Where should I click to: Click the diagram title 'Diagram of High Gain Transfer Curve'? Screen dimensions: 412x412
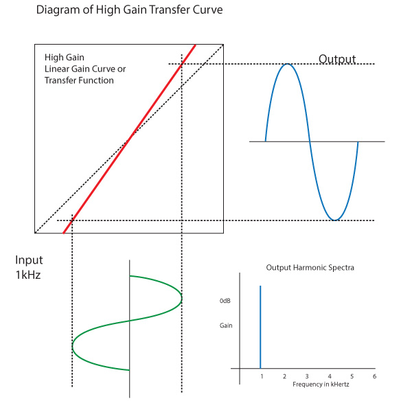click(129, 10)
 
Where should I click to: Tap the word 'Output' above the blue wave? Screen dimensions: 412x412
click(337, 59)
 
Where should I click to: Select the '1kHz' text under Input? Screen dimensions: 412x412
click(28, 275)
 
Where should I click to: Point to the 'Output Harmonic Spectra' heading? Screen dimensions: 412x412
click(310, 268)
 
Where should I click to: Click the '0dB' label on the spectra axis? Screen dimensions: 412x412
click(225, 301)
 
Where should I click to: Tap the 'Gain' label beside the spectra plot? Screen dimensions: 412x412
click(226, 325)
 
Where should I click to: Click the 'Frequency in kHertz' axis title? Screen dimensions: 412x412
click(321, 385)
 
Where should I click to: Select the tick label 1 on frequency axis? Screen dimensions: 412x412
click(262, 376)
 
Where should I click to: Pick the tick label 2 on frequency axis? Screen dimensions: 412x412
click(284, 376)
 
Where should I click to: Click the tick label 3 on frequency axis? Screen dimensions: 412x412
click(307, 376)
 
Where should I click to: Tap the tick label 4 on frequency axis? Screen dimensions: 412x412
click(330, 376)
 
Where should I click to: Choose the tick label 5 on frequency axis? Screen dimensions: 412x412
click(352, 376)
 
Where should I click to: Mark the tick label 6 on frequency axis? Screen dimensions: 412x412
click(374, 376)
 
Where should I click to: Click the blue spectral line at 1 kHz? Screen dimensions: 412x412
click(260, 327)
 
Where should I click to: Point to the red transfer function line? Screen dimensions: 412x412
click(129, 139)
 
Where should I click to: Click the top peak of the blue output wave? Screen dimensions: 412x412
click(288, 64)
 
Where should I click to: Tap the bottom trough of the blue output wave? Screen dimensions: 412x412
click(335, 220)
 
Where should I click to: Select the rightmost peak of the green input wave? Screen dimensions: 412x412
click(181, 299)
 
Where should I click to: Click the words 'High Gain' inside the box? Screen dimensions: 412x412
click(65, 57)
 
